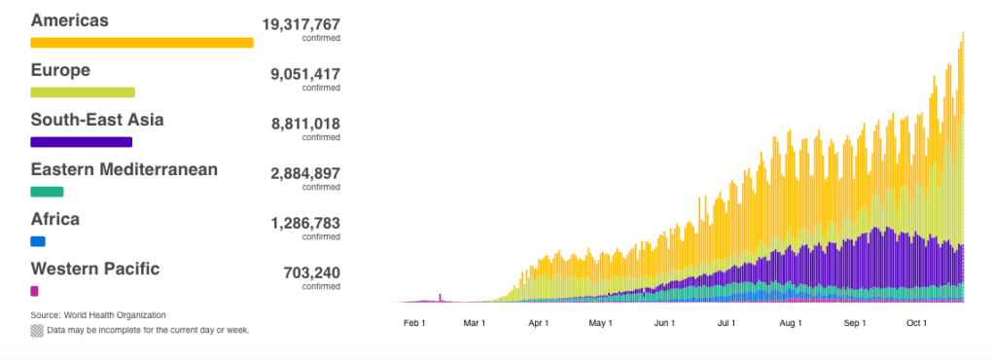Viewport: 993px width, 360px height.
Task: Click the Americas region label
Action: (x=70, y=20)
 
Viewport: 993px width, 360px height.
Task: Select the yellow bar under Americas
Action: (x=142, y=43)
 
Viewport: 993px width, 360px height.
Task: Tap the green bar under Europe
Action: (x=83, y=92)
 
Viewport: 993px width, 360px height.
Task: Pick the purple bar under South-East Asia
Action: (x=81, y=142)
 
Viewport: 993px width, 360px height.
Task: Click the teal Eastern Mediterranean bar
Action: (x=47, y=192)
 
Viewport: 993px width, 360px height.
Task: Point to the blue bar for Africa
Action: (x=38, y=241)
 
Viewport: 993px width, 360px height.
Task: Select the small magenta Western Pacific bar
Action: (x=34, y=291)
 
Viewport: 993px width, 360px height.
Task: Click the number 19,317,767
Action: (x=301, y=24)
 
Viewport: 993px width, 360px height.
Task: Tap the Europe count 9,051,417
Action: (x=305, y=74)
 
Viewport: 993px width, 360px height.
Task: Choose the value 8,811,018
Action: (x=305, y=124)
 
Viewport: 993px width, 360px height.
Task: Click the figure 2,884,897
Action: (x=305, y=173)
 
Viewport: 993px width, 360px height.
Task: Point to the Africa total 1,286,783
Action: (x=305, y=223)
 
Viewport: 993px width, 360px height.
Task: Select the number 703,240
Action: (x=311, y=273)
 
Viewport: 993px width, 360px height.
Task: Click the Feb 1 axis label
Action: (x=414, y=323)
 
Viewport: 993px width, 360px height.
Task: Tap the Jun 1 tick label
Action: (x=665, y=323)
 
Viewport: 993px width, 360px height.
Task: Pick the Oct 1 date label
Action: (x=916, y=323)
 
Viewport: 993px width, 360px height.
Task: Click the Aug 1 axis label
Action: (x=791, y=323)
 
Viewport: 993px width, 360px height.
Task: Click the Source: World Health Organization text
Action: (x=98, y=315)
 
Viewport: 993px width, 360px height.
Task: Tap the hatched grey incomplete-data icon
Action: (x=37, y=331)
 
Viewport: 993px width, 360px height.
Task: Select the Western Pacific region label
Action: (x=95, y=269)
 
